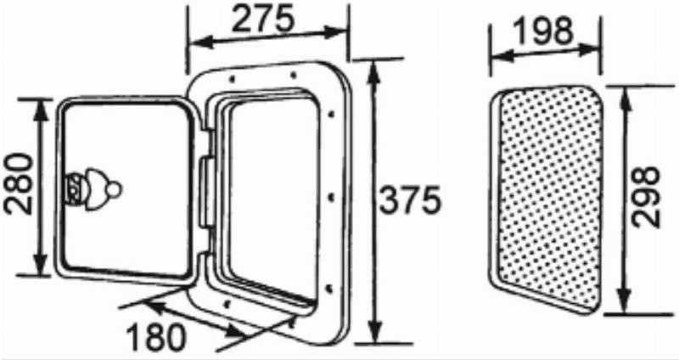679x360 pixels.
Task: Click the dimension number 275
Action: (x=262, y=19)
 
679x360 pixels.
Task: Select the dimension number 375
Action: (x=410, y=200)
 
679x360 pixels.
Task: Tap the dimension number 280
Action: (x=18, y=184)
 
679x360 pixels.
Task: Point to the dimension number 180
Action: (x=156, y=337)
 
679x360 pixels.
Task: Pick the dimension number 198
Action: (x=543, y=31)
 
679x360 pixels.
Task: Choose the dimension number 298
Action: (x=645, y=197)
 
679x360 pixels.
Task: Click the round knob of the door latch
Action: (x=115, y=188)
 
